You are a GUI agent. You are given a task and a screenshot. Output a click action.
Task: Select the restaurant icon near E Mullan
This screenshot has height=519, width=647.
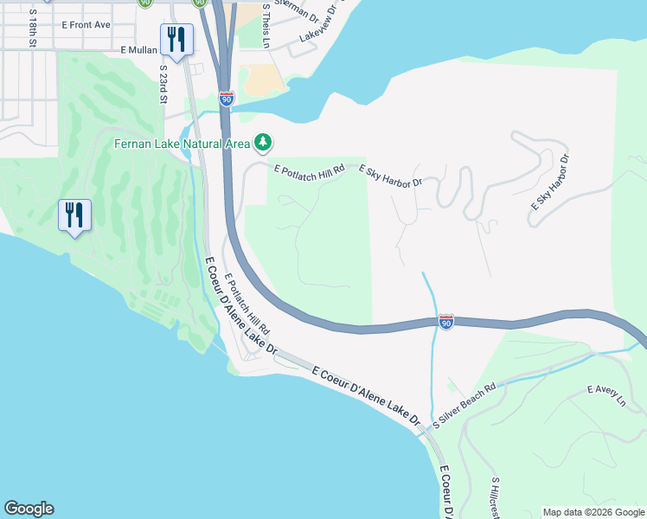[176, 39]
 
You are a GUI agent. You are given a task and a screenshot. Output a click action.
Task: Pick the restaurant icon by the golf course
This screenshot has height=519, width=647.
[74, 214]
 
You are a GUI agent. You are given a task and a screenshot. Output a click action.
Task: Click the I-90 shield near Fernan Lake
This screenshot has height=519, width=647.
[226, 99]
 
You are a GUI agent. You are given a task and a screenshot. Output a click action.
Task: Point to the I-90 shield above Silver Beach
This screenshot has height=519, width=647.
[445, 322]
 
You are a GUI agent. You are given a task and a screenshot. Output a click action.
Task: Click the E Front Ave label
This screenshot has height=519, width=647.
[86, 25]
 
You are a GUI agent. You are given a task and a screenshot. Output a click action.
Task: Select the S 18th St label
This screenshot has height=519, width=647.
[33, 29]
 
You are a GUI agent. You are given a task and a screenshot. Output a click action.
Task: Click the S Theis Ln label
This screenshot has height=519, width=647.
[266, 29]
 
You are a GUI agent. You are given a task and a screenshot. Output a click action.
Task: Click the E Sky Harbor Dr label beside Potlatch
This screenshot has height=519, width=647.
[389, 176]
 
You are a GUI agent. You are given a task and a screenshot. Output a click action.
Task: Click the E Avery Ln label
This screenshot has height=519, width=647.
[605, 396]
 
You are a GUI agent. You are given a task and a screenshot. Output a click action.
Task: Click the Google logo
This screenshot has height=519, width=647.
[29, 509]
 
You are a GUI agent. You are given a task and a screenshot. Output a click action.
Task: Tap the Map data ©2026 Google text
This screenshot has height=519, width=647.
[593, 512]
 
